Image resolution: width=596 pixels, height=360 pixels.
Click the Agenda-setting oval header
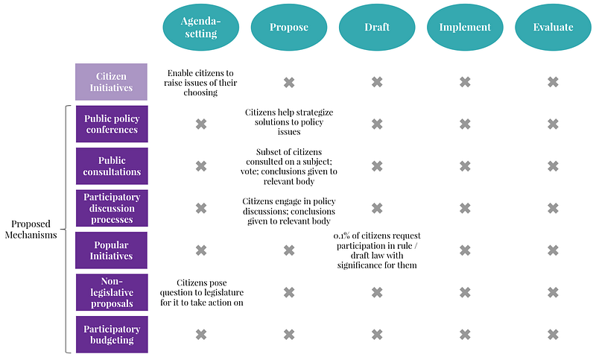200,27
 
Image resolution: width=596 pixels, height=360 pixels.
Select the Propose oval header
289,27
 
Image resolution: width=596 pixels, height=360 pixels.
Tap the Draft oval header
377,27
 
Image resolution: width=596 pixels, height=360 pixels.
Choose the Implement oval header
465,27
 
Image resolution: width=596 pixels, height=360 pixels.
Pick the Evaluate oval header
553,27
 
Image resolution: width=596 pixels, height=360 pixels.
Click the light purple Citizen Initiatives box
111,82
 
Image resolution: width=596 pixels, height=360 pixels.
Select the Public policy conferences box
112,124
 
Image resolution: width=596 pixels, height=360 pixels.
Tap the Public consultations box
112,166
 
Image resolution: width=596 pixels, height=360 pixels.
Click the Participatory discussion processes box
112,208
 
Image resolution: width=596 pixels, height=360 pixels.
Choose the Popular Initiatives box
111,250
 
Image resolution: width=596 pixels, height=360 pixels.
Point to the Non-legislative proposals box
112,292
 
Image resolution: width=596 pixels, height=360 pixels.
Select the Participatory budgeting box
112,335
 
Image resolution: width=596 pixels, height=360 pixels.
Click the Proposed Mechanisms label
31,230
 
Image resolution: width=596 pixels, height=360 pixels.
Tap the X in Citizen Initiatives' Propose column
289,82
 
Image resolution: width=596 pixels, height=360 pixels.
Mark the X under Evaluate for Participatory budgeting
553,335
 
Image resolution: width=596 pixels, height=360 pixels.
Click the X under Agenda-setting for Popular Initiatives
201,250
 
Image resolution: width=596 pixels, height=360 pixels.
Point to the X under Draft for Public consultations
377,166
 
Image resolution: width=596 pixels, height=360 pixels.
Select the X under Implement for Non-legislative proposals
465,292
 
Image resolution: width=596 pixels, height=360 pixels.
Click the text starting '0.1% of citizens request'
377,250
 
